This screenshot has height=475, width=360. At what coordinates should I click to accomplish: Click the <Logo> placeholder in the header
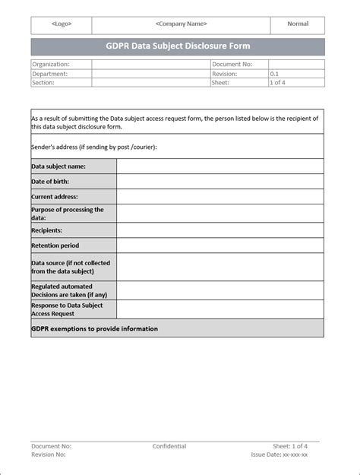coord(62,24)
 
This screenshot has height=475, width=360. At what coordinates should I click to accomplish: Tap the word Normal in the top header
coord(298,24)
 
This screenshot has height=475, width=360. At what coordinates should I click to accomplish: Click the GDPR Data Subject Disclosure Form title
coord(178,46)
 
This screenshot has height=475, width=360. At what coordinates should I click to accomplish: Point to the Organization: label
coord(51,65)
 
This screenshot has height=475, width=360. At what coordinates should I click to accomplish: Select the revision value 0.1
coord(275,74)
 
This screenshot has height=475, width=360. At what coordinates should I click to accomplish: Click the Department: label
coord(50,74)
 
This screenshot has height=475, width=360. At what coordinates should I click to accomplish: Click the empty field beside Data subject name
coord(219,166)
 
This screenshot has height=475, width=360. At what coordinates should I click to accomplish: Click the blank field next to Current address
coord(219,197)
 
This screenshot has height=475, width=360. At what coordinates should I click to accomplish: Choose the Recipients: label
coord(47,229)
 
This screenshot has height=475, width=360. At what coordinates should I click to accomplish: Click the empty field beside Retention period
coord(219,245)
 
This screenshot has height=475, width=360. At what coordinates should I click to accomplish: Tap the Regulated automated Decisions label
coord(68,290)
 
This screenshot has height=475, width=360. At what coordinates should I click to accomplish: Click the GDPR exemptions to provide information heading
coord(94,328)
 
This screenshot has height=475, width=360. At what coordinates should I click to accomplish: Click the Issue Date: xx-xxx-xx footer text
coord(279,454)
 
